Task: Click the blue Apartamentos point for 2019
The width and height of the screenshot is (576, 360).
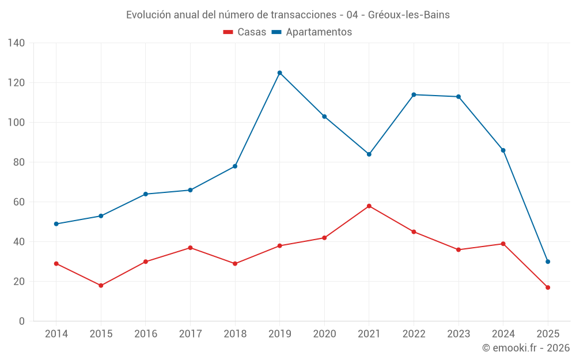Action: coord(279,73)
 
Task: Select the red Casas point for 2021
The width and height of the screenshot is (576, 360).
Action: coord(369,206)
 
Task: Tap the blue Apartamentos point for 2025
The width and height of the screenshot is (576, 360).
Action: coord(548,262)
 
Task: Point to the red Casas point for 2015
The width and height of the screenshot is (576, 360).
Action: coord(101,285)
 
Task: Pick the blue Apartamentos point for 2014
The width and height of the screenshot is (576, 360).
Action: coord(56,223)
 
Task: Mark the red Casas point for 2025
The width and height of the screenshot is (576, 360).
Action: coord(548,287)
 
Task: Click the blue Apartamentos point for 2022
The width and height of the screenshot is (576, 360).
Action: coord(414,94)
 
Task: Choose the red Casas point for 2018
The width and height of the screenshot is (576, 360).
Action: coord(235,263)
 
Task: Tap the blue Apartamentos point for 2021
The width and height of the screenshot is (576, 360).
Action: coord(369,154)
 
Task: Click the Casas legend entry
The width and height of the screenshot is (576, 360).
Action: coord(245,32)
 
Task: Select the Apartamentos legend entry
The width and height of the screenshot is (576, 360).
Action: coord(312,32)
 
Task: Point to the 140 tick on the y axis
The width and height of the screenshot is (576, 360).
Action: coord(17,43)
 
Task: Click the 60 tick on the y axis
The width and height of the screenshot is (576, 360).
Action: coord(20,202)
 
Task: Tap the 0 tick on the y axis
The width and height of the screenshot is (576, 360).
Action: coord(22,321)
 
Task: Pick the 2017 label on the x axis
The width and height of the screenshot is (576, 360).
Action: coord(190,334)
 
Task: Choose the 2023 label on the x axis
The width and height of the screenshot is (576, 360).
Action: coord(458,334)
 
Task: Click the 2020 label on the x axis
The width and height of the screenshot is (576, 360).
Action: coord(324,334)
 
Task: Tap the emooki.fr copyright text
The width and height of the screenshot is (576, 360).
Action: coord(525,348)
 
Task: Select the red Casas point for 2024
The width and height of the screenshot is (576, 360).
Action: coord(503,244)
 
